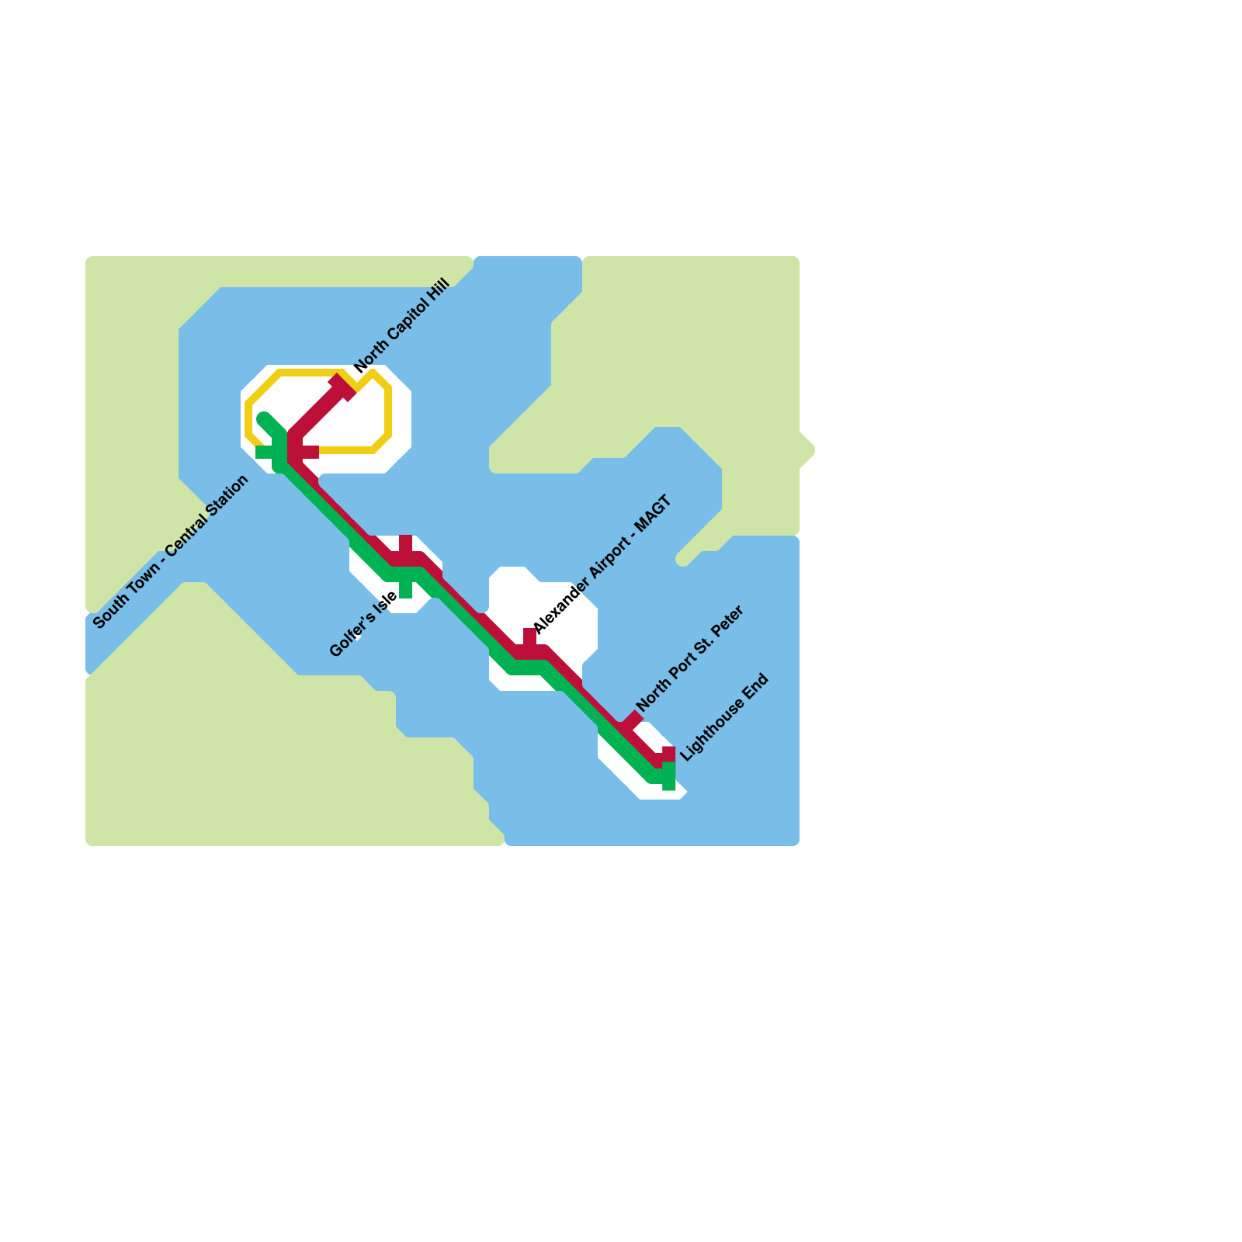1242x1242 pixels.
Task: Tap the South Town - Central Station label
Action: pos(171,551)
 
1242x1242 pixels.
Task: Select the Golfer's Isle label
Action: pos(363,624)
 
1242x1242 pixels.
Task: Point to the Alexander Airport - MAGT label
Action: pos(602,565)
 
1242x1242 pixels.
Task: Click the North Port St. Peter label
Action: pos(690,658)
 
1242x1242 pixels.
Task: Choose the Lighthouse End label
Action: pos(724,717)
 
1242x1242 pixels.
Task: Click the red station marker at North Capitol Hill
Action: pos(342,387)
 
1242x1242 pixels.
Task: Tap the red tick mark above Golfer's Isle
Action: pos(405,543)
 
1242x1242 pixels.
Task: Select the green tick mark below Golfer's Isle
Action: pos(405,591)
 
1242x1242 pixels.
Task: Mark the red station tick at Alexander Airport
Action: pos(529,637)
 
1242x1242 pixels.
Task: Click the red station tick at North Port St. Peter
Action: pos(633,720)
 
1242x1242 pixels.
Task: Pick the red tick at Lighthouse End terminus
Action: pos(668,753)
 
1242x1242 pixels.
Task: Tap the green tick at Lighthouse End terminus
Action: pos(668,782)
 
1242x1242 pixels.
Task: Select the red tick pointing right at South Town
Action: pos(309,452)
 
